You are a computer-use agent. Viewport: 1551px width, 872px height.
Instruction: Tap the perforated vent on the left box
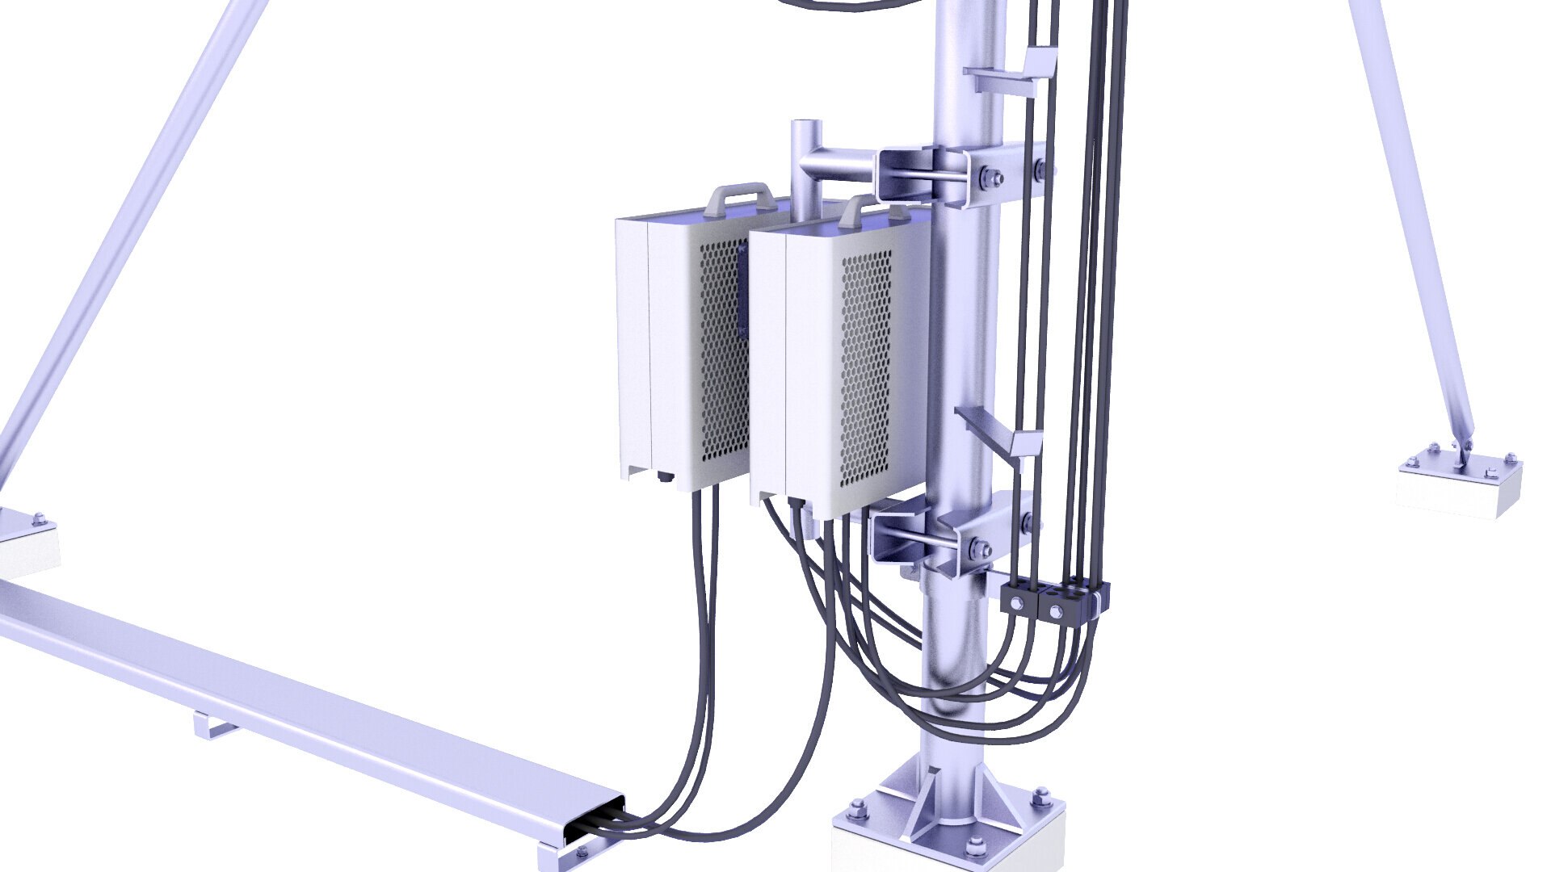pyautogui.click(x=721, y=355)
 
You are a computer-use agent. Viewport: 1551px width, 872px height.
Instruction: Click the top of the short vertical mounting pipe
pyautogui.click(x=805, y=127)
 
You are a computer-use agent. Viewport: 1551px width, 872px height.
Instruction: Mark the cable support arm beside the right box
pyautogui.click(x=998, y=432)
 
